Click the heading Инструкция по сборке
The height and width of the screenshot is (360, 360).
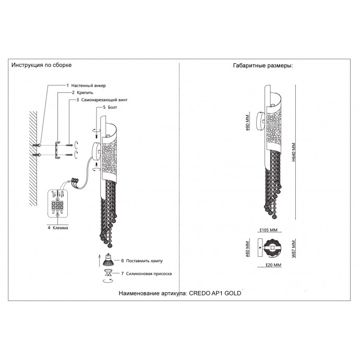pyautogui.click(x=42, y=65)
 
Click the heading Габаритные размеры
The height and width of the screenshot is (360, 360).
pyautogui.click(x=262, y=66)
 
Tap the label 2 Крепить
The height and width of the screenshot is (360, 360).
pyautogui.click(x=82, y=92)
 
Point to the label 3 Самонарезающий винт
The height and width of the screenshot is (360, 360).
pyautogui.click(x=101, y=99)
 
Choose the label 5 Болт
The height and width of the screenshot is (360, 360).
pyautogui.click(x=111, y=107)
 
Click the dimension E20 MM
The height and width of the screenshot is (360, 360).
pyautogui.click(x=270, y=266)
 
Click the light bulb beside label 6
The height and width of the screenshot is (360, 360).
pyautogui.click(x=108, y=259)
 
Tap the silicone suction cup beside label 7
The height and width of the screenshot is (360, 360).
pyautogui.click(x=108, y=273)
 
